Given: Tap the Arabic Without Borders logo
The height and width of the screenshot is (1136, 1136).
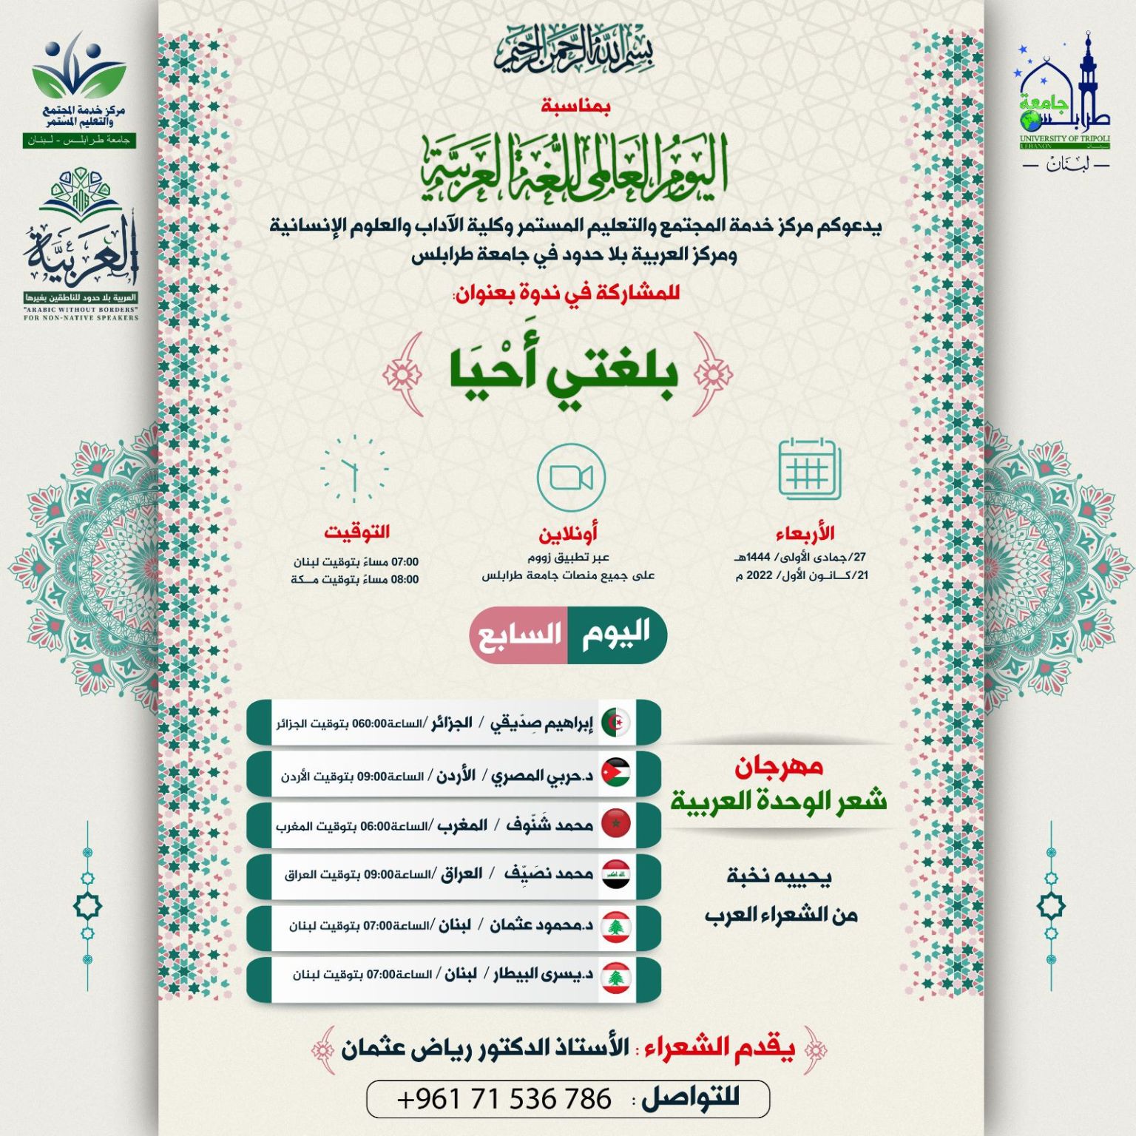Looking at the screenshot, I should pyautogui.click(x=81, y=244).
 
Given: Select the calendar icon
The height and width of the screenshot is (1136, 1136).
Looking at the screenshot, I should pyautogui.click(x=809, y=469).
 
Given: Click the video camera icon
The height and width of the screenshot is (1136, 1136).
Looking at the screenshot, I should pyautogui.click(x=571, y=477).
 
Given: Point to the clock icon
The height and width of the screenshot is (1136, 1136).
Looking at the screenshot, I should pyautogui.click(x=354, y=469).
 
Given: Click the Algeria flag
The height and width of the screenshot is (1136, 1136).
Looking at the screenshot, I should pyautogui.click(x=615, y=723).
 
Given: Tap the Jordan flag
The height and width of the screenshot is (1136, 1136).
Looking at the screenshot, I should pyautogui.click(x=615, y=774).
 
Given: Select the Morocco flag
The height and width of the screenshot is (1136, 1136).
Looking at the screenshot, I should pyautogui.click(x=615, y=823).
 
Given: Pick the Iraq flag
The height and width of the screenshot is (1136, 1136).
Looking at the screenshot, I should pyautogui.click(x=615, y=874).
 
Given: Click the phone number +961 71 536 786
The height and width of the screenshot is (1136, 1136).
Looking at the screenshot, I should pyautogui.click(x=504, y=1099).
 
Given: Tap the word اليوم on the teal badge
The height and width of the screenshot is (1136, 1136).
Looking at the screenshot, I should pyautogui.click(x=615, y=634).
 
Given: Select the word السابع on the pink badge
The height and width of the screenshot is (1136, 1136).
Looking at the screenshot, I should pyautogui.click(x=520, y=635).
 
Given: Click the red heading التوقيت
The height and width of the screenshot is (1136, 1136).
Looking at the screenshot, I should pyautogui.click(x=356, y=532).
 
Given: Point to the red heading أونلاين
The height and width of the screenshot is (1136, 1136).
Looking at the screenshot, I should pyautogui.click(x=568, y=532).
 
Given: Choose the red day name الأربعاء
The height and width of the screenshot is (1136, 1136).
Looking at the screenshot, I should pyautogui.click(x=805, y=532).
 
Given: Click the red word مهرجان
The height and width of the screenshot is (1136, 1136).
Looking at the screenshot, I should pyautogui.click(x=779, y=767).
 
